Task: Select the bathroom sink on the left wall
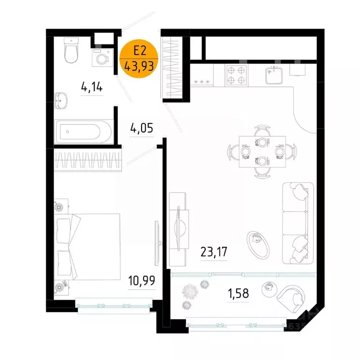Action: (61, 100)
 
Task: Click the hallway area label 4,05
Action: (142, 128)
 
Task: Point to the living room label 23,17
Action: (214, 253)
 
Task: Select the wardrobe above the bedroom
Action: (88, 159)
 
